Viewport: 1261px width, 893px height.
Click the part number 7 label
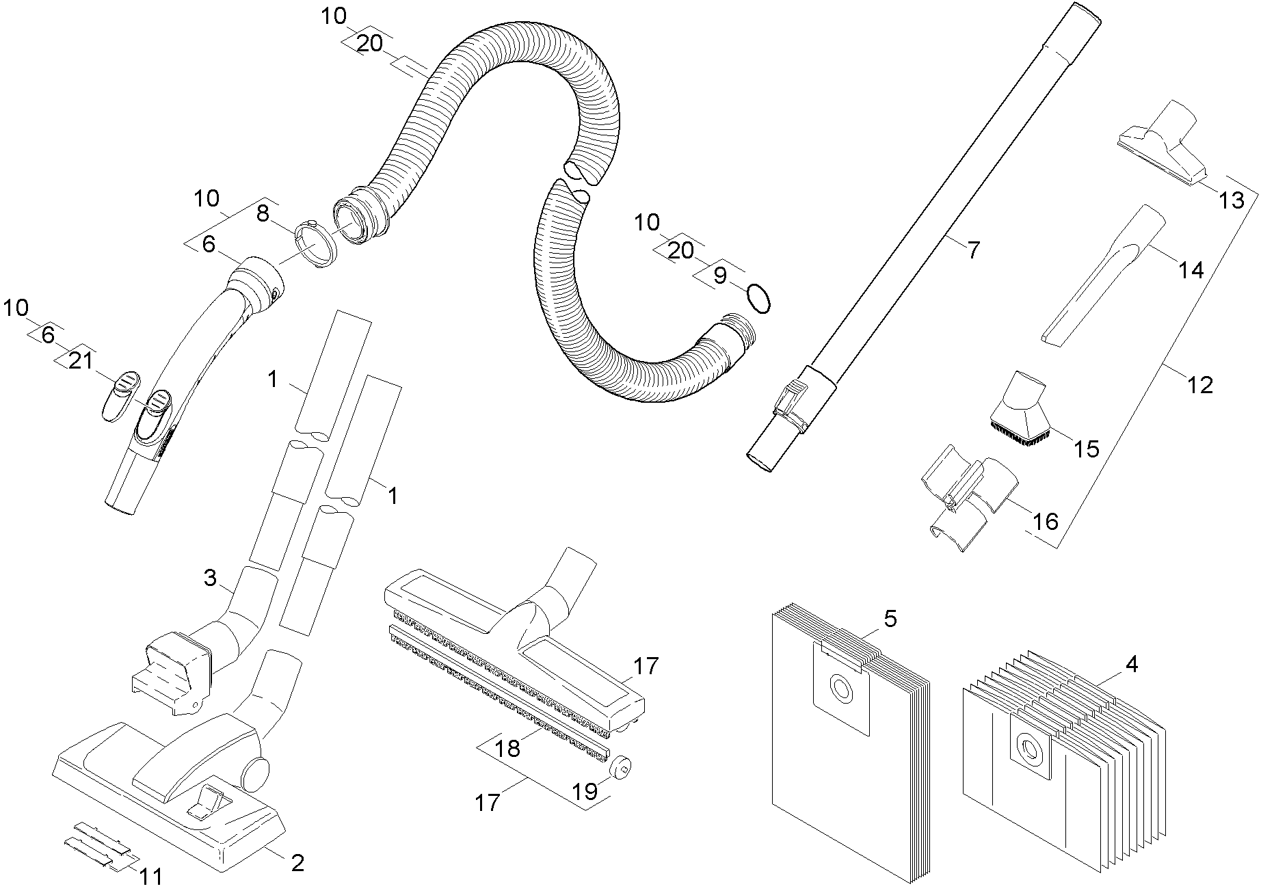pos(972,250)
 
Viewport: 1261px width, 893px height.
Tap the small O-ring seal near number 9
pos(759,298)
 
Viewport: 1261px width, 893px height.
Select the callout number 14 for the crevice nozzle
pos(1191,271)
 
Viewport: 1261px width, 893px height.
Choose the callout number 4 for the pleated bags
pos(1132,663)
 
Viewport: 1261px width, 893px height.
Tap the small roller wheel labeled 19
pos(620,769)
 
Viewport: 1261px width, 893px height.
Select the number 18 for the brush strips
pos(508,748)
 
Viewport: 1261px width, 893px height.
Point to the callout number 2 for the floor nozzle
pos(297,863)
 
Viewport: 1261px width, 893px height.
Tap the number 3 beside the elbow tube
pos(210,578)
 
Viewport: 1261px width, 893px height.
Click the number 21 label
pos(81,361)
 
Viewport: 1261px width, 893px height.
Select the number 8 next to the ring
pos(263,214)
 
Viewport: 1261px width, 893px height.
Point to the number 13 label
pos(1232,200)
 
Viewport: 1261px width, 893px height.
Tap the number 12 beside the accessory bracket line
pos(1201,385)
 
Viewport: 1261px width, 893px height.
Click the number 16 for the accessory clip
pos(1044,522)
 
